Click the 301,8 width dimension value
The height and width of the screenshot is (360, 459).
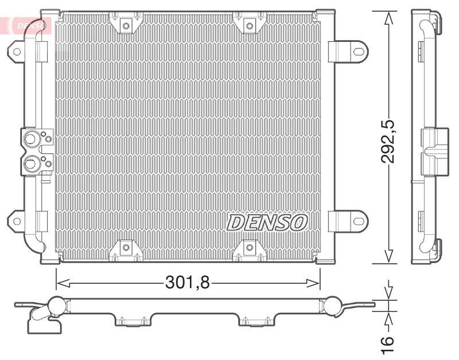click(x=188, y=282)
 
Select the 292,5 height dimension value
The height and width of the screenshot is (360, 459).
click(x=390, y=138)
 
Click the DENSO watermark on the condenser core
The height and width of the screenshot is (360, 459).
click(x=268, y=222)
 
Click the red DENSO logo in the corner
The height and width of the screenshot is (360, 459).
click(x=29, y=25)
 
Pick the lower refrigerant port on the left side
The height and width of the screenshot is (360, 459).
click(x=30, y=164)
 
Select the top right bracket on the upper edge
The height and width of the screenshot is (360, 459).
click(x=248, y=24)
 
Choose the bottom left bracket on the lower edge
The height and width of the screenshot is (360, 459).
click(x=125, y=248)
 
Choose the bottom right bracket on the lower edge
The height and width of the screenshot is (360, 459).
click(x=248, y=248)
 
